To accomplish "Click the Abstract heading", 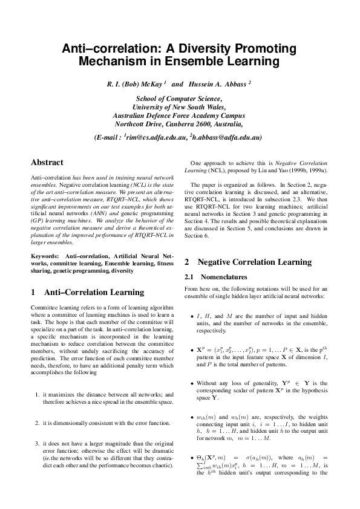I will coord(47,162).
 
